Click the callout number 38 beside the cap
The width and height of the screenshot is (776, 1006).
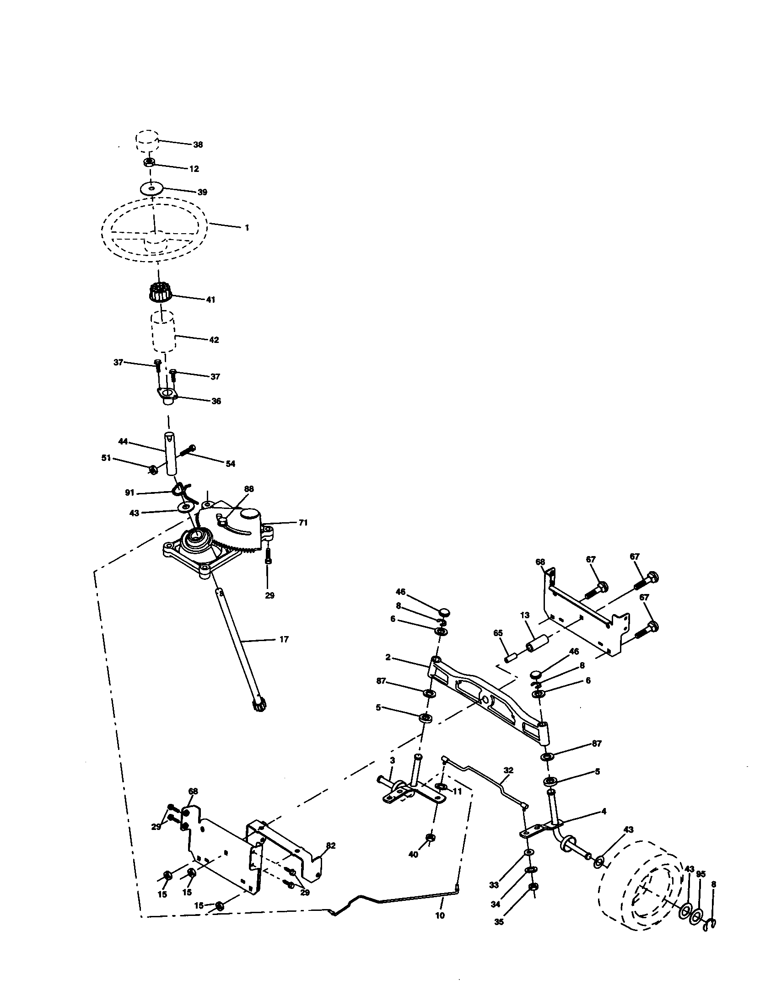pos(198,144)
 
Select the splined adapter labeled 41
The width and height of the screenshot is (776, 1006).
pos(158,293)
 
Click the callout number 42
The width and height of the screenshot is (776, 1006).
pos(213,340)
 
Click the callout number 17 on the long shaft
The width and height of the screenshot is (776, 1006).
pos(284,639)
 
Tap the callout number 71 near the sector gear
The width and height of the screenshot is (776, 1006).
pos(303,523)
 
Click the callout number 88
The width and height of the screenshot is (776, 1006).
pos(249,489)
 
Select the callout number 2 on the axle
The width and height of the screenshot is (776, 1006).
pos(388,658)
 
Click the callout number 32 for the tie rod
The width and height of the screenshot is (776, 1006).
pos(508,770)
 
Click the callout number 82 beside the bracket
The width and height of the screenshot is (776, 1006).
pos(330,845)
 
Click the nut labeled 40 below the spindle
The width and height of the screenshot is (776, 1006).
pos(430,837)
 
